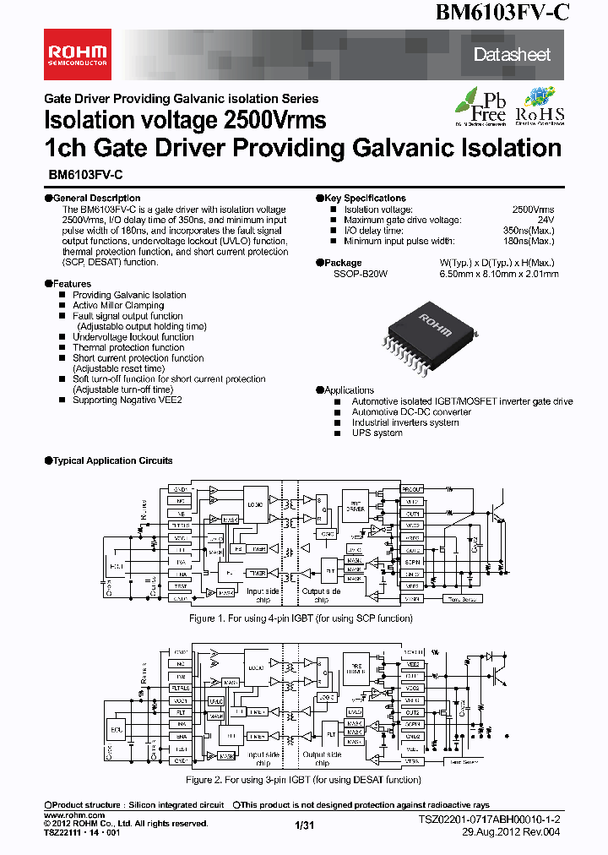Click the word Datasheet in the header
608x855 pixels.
(512, 55)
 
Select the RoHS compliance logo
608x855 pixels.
(540, 106)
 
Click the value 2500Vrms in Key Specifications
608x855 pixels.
(533, 209)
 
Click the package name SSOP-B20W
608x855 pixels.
(361, 274)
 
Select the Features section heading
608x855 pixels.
(70, 284)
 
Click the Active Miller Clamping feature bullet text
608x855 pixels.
(118, 305)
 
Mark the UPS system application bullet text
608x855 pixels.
(377, 433)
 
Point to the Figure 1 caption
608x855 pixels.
(303, 618)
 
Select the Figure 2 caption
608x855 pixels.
(303, 780)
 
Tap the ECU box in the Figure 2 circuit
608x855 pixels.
(117, 728)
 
